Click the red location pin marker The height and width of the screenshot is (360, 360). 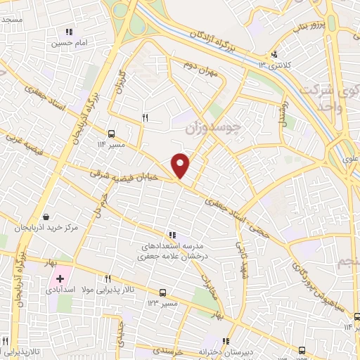pos(181,165)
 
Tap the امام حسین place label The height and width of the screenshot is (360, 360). pos(67,44)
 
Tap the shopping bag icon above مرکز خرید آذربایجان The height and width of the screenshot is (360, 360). pos(46,217)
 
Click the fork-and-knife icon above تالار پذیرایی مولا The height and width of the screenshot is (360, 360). pos(108,278)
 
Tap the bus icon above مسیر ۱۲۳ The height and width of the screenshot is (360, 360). pos(162,292)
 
